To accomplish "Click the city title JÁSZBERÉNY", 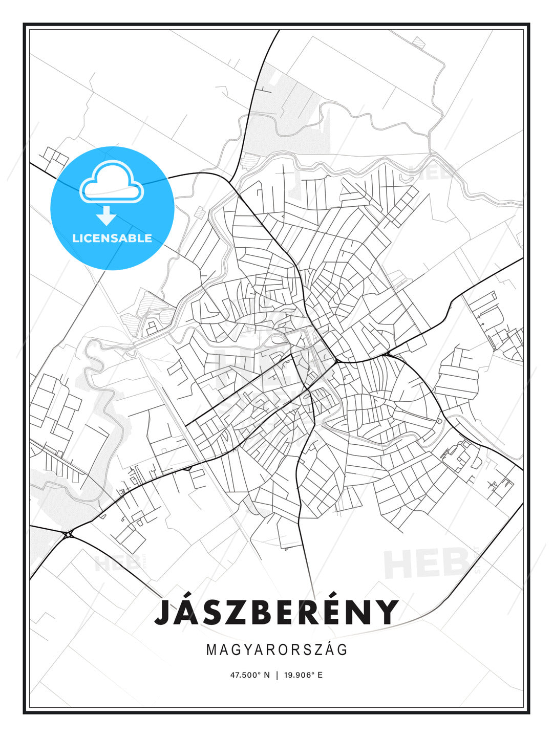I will point(276,612).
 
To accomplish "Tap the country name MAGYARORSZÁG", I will point(276,649).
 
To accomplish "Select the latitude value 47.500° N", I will point(250,675).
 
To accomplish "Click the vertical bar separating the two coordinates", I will point(277,675).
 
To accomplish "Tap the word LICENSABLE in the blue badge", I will point(112,238).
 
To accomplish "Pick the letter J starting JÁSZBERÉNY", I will point(163,612).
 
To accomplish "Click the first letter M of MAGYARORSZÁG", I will point(211,649).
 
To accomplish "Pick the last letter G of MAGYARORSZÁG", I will point(343,649).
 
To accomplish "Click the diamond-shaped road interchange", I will point(69,534).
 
